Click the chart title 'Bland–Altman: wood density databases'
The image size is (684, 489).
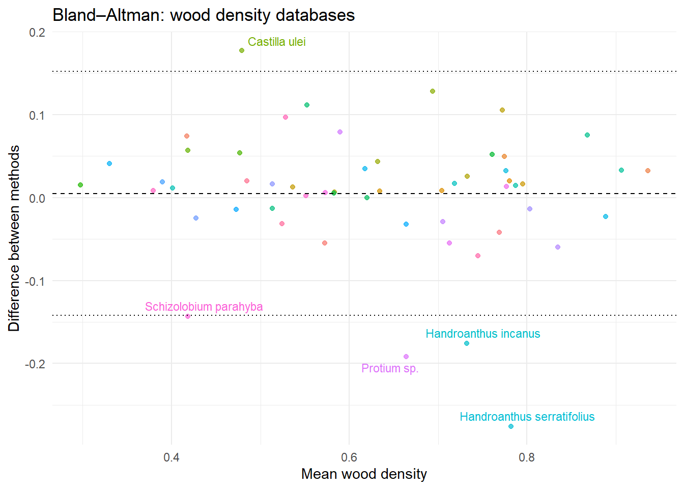[204, 15]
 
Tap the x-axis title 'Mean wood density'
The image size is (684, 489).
[364, 474]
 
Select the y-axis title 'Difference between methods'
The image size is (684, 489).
[14, 238]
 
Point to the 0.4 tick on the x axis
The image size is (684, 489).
[172, 457]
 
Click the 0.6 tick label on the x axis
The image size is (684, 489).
[349, 457]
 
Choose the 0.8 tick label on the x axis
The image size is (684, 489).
[527, 457]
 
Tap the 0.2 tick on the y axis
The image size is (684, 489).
[37, 33]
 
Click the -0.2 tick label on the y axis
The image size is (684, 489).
[35, 364]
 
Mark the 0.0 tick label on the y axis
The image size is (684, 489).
[37, 198]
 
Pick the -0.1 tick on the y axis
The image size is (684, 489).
[35, 281]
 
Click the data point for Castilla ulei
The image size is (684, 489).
[242, 50]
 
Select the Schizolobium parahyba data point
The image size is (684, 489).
[188, 316]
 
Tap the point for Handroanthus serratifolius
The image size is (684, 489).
[511, 426]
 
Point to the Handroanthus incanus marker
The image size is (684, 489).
[467, 343]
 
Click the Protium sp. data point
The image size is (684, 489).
[406, 357]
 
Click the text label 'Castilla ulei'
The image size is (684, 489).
[276, 42]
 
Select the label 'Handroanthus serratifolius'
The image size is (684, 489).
[527, 417]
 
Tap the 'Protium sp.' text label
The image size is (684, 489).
[390, 368]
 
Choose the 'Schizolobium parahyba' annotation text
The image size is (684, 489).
[204, 307]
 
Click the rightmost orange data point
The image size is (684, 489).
[648, 171]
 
